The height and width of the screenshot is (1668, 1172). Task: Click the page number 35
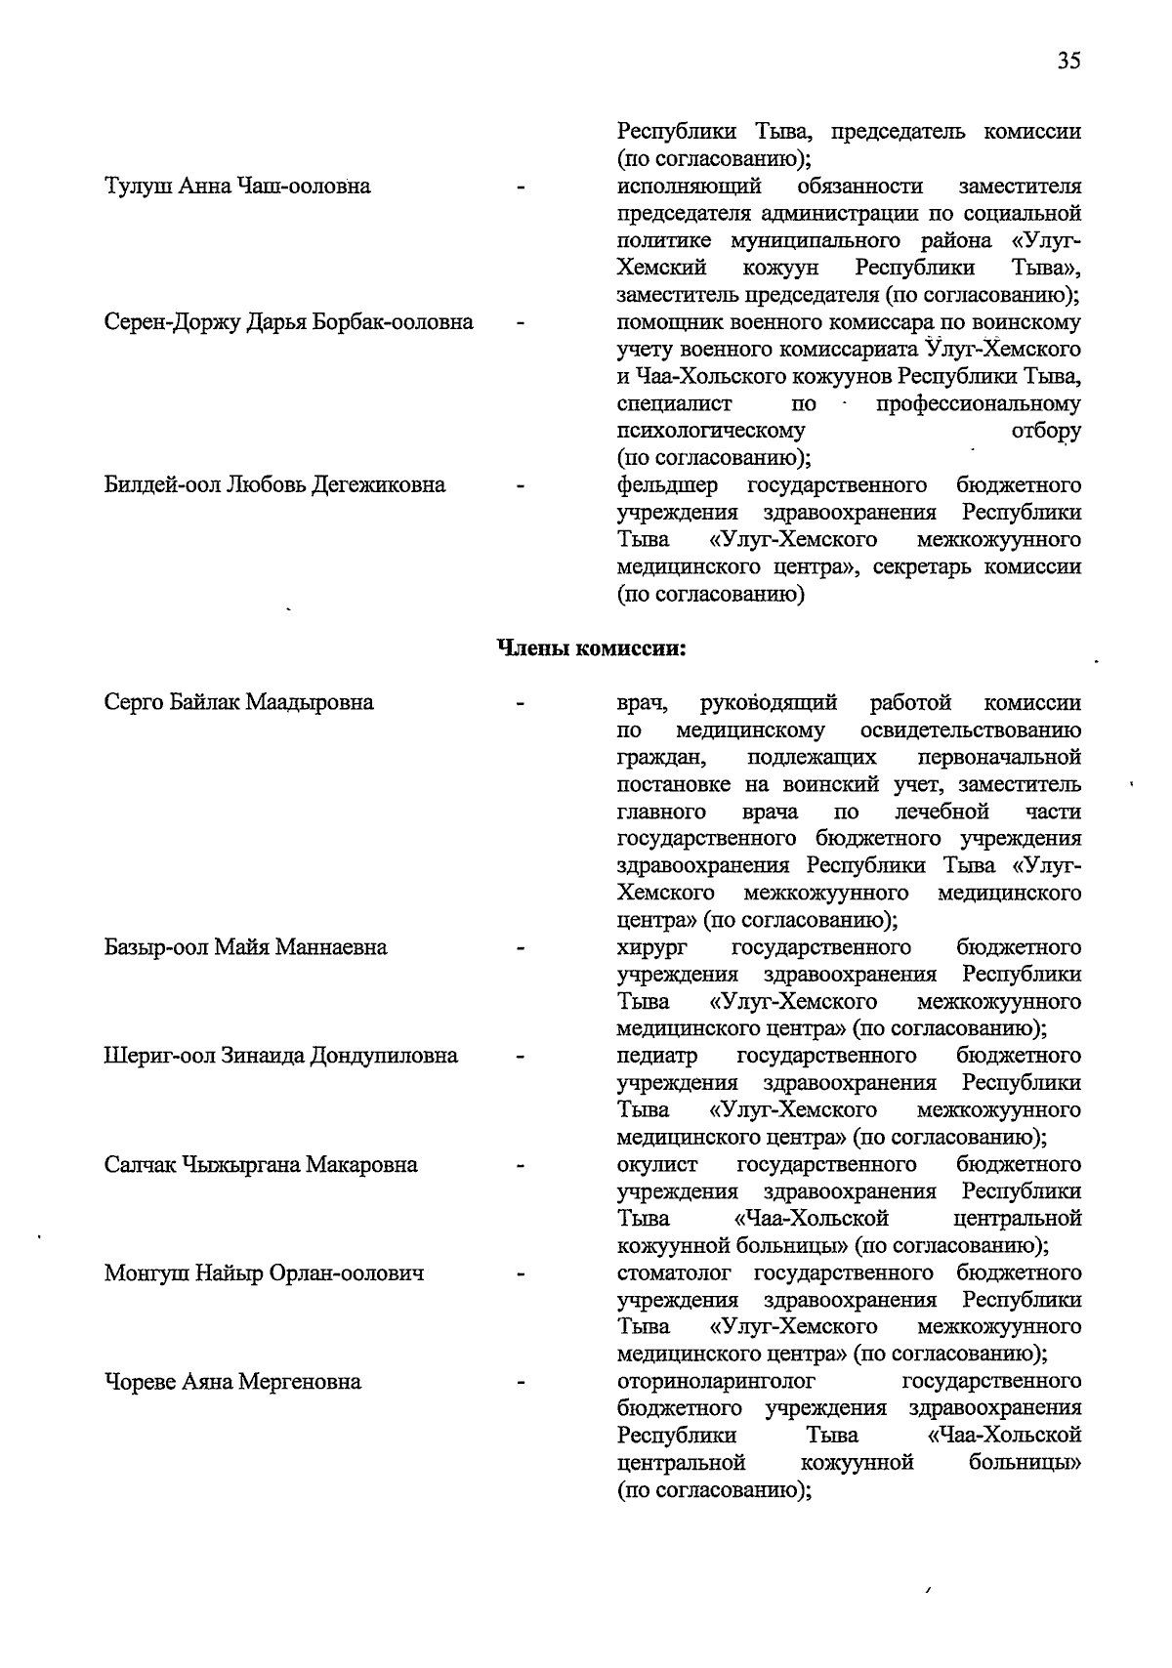[x=1067, y=62]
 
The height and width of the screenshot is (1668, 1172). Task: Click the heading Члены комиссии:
[x=592, y=648]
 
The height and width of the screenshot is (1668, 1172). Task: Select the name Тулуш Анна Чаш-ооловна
[x=237, y=187]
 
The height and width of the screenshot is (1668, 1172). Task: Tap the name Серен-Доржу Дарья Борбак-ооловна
[x=289, y=322]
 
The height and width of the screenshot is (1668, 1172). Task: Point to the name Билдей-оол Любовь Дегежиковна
[x=274, y=485]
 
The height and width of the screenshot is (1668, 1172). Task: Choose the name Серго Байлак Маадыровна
[x=238, y=702]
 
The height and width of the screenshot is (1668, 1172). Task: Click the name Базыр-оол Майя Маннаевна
[x=245, y=947]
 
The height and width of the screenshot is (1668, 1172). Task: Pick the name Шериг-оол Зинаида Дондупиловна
[x=280, y=1056]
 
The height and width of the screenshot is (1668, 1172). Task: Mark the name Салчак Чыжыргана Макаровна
[x=261, y=1164]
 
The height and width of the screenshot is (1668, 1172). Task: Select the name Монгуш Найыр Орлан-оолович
[x=264, y=1273]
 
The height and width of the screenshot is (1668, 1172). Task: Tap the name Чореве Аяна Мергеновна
[x=232, y=1382]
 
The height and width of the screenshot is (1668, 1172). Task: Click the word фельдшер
[x=667, y=485]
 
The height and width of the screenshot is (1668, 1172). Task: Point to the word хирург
[x=652, y=947]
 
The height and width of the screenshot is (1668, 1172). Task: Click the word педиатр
[x=657, y=1056]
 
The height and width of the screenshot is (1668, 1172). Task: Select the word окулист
[x=657, y=1164]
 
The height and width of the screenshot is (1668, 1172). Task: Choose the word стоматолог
[x=677, y=1273]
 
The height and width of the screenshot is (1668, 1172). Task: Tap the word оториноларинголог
[x=716, y=1382]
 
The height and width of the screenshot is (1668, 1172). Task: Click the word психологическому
[x=711, y=431]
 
